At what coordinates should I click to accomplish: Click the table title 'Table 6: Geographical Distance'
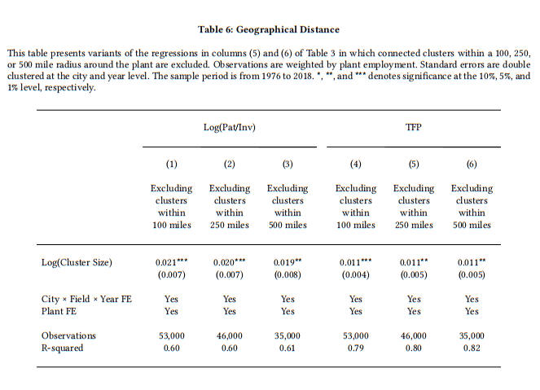point(269,29)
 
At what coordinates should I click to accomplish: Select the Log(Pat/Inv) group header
point(230,127)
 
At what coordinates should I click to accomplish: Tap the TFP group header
point(413,127)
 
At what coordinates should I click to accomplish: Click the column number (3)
point(288,164)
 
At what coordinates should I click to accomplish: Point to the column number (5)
point(414,164)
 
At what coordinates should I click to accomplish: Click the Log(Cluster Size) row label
point(77,262)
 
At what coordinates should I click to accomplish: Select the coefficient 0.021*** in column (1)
point(171,262)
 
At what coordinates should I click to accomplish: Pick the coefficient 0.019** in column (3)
point(288,262)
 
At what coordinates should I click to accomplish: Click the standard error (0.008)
point(288,274)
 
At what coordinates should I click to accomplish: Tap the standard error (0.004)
point(356,274)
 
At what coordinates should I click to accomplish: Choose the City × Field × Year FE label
point(86,299)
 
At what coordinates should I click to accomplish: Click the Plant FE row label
point(59,311)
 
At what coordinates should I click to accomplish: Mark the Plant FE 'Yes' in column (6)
point(472,311)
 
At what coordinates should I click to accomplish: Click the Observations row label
point(68,335)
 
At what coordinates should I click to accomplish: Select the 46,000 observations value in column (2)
point(230,335)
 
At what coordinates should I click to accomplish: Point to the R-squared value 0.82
point(472,348)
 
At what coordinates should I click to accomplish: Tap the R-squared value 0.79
point(356,348)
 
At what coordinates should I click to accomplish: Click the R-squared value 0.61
point(288,348)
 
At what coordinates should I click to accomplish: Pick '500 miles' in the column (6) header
point(472,225)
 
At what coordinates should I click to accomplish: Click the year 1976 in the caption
point(271,76)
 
